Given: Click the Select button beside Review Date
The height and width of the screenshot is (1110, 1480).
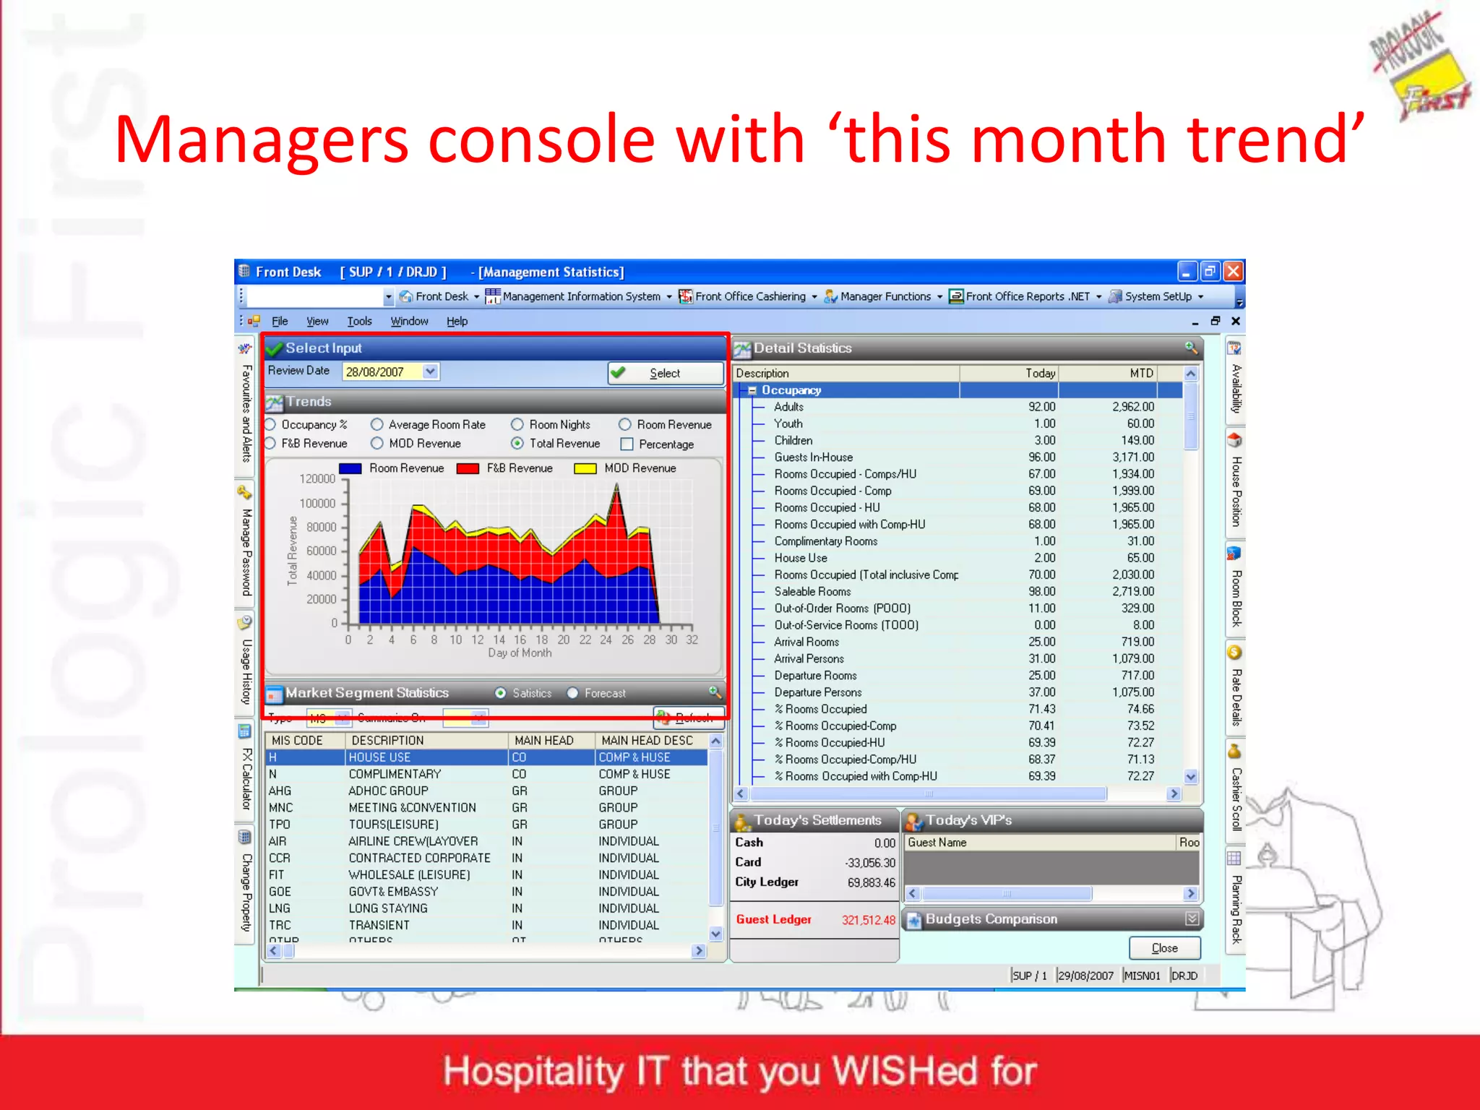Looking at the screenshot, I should coord(665,373).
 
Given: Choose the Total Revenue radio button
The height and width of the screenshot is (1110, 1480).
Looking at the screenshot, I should coord(517,443).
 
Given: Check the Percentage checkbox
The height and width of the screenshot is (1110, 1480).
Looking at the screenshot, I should coord(627,444).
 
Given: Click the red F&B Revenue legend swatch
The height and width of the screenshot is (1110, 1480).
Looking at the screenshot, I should coord(468,468).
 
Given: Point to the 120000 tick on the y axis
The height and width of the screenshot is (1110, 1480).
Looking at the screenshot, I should coord(318,478).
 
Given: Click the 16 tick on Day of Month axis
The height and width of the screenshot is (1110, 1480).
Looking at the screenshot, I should coord(520,640).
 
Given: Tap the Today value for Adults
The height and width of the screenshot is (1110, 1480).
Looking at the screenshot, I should coord(1041,407).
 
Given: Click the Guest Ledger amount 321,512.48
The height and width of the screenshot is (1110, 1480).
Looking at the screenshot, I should coord(868,920).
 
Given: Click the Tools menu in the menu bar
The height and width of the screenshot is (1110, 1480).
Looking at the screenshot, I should coord(359,321).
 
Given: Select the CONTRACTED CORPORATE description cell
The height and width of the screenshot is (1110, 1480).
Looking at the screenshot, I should coord(419,858).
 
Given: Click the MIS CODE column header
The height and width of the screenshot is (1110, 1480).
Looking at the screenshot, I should coord(297,740).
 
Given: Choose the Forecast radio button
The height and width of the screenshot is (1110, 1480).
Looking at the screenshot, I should coord(572,693).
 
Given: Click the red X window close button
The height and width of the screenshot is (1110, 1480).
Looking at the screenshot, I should coord(1234,272).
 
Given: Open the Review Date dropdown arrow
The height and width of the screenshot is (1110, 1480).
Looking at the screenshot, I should coord(430,371).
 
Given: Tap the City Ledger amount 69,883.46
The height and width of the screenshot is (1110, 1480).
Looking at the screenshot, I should coord(871,882).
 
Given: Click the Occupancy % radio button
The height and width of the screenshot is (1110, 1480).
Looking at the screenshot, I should coord(271,424).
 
